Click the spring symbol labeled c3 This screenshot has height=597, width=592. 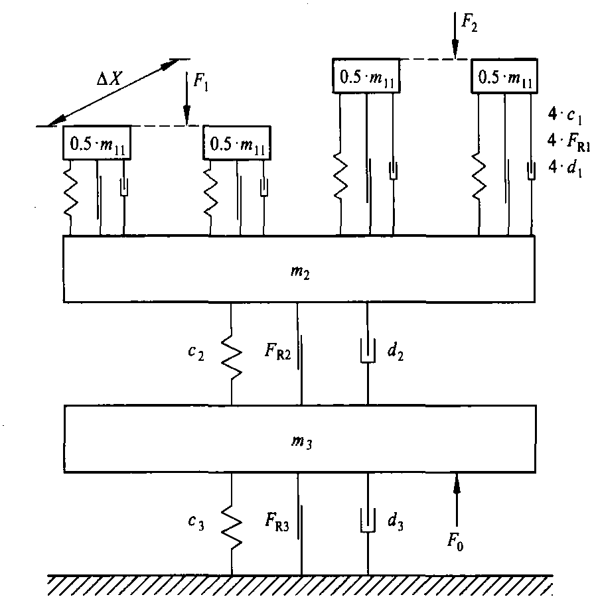(232, 524)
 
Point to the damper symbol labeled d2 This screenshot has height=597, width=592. (368, 352)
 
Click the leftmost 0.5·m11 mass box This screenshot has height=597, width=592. (96, 143)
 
